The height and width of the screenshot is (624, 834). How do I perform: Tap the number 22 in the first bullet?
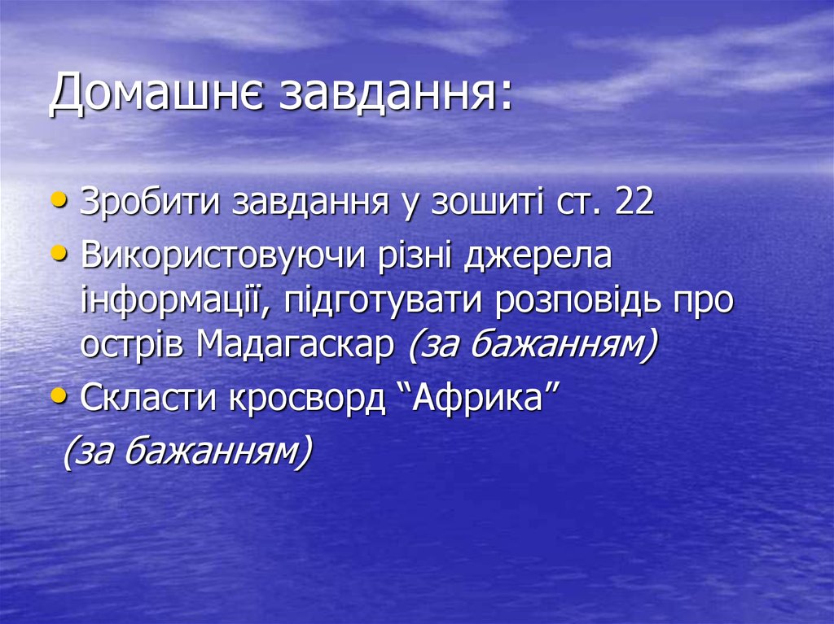pyautogui.click(x=635, y=203)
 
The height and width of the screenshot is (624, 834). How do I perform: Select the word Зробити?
pyautogui.click(x=151, y=203)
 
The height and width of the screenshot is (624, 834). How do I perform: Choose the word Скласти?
pyautogui.click(x=147, y=399)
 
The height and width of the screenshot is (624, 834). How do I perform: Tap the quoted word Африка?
pyautogui.click(x=479, y=399)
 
